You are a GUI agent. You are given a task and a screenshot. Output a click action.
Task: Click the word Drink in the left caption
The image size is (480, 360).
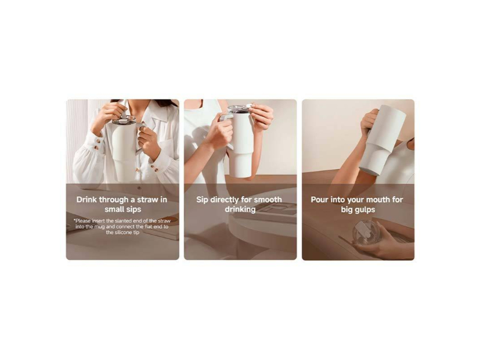pyautogui.click(x=86, y=200)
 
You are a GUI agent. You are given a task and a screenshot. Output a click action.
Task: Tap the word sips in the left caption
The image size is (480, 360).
pyautogui.click(x=134, y=209)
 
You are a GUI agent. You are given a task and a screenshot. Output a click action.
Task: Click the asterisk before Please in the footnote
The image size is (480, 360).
pyautogui.click(x=74, y=220)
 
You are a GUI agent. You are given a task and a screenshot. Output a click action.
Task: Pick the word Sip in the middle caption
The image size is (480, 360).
pyautogui.click(x=202, y=200)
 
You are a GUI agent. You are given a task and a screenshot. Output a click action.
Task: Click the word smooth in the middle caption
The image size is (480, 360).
pyautogui.click(x=268, y=200)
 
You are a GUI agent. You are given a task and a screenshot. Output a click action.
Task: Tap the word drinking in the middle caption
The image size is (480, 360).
pyautogui.click(x=241, y=209)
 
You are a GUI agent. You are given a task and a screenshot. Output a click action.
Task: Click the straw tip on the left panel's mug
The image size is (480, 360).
pyautogui.click(x=123, y=113)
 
